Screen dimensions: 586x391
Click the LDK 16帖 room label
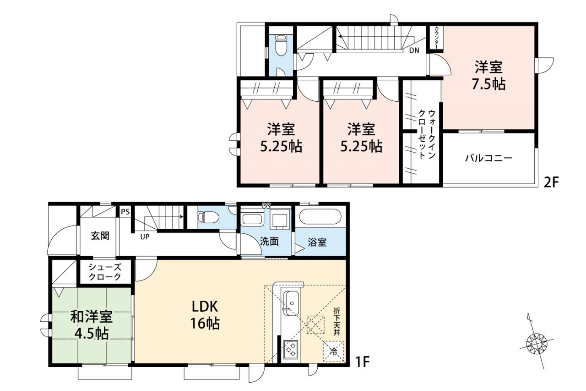pos(205,315)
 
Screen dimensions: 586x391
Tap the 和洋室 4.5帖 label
pos(92,325)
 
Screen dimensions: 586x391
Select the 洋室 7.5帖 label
pos(488,76)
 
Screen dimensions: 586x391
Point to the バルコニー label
pos(488,158)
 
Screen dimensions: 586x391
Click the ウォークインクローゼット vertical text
pos(427,134)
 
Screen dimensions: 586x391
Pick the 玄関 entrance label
pos(100,236)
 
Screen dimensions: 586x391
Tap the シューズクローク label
pos(105,272)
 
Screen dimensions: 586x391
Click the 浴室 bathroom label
pos(317,242)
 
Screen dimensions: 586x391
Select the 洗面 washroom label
pos(269,242)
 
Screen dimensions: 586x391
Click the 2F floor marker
pos(551,183)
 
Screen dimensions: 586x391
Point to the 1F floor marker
pos(362,362)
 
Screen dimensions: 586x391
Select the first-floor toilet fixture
pos(208,217)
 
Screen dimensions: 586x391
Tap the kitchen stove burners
pos(291,349)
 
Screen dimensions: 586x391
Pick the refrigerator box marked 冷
pos(334,352)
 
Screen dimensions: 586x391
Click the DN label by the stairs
pos(414,50)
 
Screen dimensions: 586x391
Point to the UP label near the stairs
pos(145,237)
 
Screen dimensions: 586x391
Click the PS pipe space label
pos(125,212)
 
